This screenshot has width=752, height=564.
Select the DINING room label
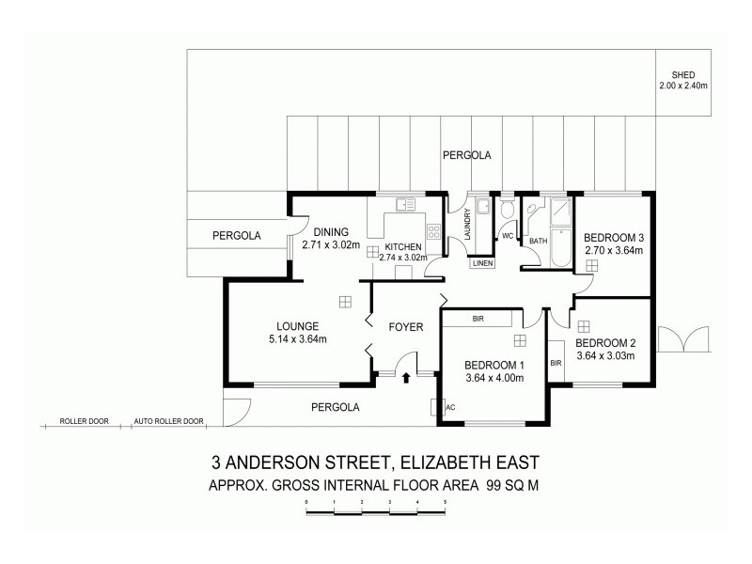pos(331,232)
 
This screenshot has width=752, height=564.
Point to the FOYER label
pos(406,327)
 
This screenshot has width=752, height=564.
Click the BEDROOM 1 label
pos(493,365)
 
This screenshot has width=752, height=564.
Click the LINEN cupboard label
pos(483,263)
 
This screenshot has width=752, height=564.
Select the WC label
pos(507,236)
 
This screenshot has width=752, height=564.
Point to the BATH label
pos(538,242)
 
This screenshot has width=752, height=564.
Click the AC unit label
pos(450,407)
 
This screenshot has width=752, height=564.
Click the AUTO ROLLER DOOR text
pos(169,421)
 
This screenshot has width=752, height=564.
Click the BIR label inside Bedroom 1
pos(478,320)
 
